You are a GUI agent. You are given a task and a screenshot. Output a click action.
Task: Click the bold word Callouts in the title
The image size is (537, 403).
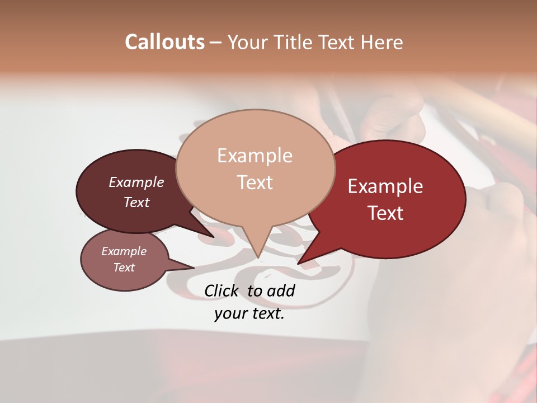point(164,42)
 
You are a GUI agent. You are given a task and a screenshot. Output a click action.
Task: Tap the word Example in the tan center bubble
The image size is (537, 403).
point(255,156)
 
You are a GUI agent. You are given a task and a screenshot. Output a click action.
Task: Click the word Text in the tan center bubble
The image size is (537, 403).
point(255,182)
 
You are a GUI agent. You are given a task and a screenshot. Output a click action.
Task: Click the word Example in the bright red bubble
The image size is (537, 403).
point(385,186)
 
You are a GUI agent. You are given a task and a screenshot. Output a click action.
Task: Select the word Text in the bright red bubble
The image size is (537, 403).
point(385,213)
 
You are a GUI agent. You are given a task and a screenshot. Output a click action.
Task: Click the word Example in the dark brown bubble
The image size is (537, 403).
point(136,182)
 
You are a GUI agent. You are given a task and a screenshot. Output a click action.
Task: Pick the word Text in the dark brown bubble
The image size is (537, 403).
point(136,203)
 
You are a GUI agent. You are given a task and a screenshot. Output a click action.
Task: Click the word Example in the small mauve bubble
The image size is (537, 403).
point(124,251)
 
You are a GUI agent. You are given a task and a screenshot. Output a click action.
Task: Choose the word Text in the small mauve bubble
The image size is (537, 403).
point(124,268)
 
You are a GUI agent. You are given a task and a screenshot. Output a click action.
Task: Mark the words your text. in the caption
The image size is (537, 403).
point(249,314)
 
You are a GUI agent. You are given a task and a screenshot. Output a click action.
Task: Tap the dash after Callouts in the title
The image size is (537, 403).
point(216,42)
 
